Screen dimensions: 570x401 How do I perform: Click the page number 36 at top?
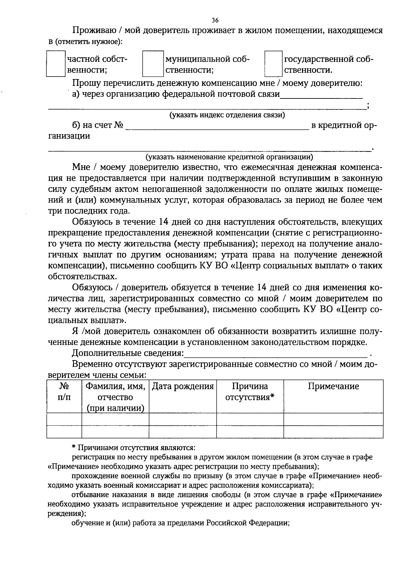(x=215, y=20)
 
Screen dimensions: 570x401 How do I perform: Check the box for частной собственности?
(x=55, y=64)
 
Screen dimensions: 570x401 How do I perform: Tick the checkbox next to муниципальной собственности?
(x=153, y=64)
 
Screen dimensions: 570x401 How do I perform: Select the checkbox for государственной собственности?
(x=273, y=64)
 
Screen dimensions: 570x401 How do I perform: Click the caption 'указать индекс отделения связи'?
(x=227, y=115)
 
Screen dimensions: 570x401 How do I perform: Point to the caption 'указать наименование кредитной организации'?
(x=229, y=157)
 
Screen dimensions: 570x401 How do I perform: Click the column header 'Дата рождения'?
(x=183, y=387)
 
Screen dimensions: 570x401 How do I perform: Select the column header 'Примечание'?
(x=333, y=386)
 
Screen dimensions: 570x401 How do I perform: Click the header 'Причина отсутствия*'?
(x=250, y=392)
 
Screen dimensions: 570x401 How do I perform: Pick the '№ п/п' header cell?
(x=64, y=392)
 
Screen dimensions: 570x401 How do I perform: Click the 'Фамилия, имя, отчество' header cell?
(x=115, y=397)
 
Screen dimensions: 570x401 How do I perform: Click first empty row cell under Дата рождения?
(x=183, y=419)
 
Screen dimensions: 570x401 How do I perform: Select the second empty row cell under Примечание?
(x=333, y=432)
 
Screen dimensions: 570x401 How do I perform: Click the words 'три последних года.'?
(x=88, y=211)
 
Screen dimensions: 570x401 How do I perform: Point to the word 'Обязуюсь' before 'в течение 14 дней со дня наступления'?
(x=91, y=222)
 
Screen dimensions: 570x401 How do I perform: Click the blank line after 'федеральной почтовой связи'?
(x=321, y=95)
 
